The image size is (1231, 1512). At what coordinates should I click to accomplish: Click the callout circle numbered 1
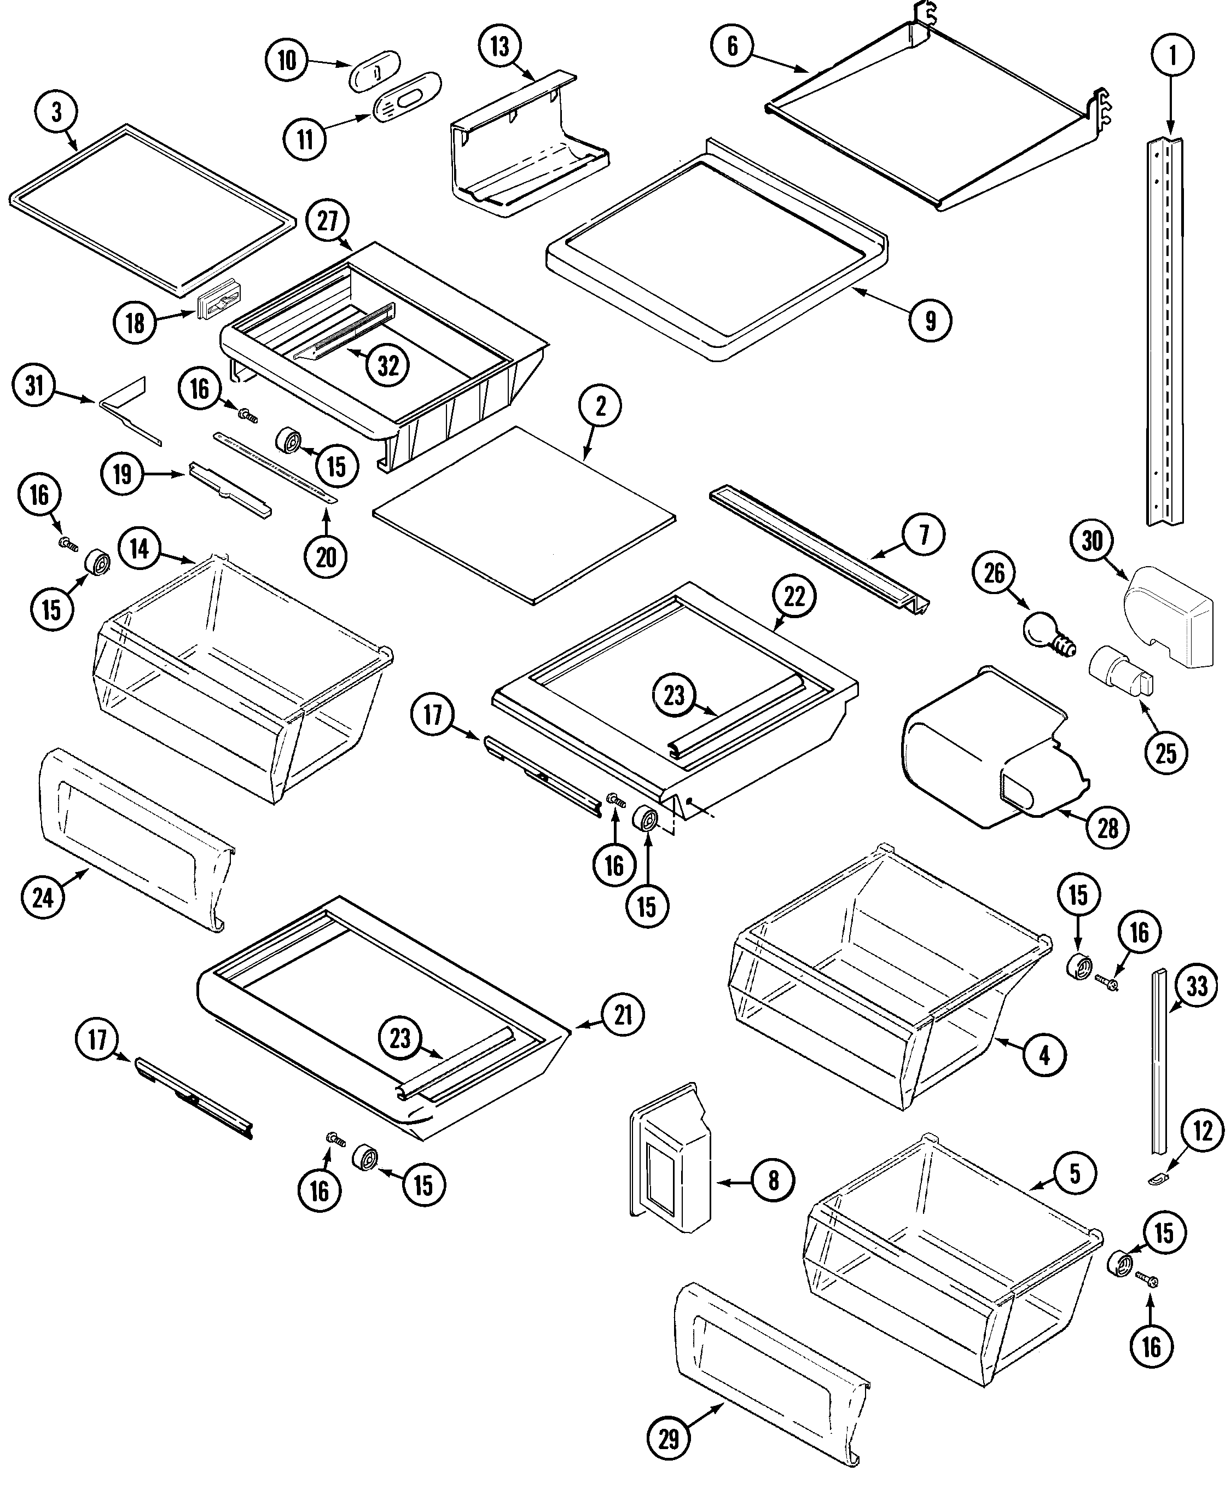1171,55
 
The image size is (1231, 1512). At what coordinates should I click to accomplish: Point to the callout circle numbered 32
388,366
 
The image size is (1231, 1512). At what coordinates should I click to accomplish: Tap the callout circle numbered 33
1197,986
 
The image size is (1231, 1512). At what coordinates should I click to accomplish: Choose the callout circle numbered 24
43,898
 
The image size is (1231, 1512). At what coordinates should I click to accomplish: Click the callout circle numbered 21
623,1015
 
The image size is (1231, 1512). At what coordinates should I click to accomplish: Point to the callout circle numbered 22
794,596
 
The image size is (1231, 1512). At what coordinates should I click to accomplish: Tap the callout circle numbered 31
34,386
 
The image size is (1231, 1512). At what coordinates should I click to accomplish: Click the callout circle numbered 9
930,321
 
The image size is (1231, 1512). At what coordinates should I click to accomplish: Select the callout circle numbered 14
140,548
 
